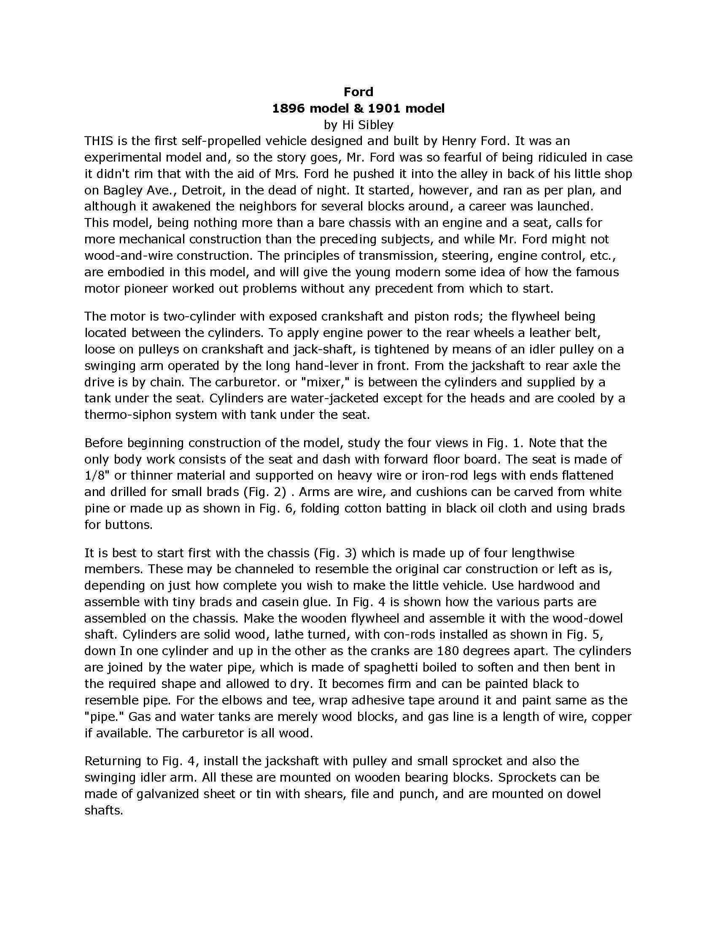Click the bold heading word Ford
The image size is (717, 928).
(x=358, y=92)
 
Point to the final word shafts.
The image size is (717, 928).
(x=103, y=811)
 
